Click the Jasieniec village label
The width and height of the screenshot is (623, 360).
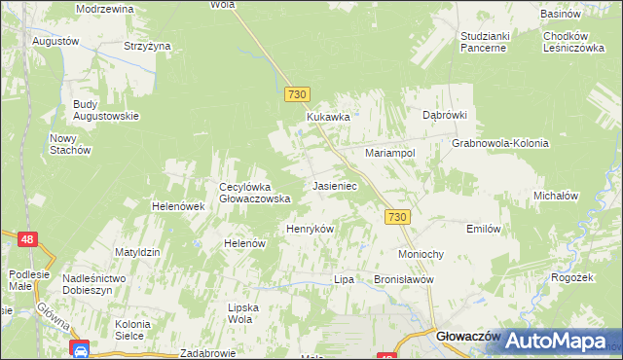coord(335,185)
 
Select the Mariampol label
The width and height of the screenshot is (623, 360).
coord(390,154)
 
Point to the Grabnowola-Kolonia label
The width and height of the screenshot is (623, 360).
coord(500,143)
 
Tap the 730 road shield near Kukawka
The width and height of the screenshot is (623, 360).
coord(298,94)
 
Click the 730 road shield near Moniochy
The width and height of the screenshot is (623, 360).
coord(396,218)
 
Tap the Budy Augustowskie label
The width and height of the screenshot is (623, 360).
coord(105,110)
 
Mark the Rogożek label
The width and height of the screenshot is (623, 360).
coord(571,277)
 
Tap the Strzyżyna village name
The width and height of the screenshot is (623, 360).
coord(147,46)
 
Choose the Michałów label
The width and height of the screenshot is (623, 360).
coord(556,196)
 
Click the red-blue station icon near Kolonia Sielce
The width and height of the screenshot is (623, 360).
coord(80,348)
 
